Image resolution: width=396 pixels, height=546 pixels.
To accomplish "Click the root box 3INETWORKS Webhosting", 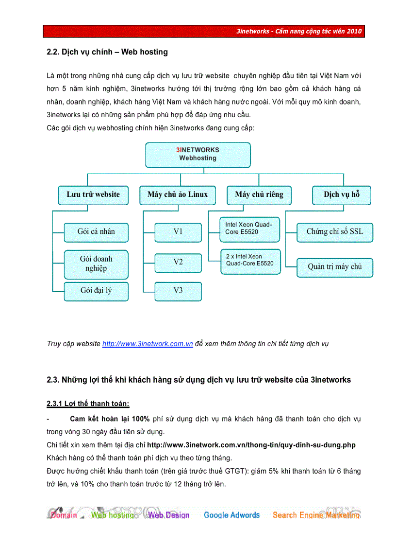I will (x=198, y=155).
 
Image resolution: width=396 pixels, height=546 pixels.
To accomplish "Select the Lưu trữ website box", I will (x=93, y=194).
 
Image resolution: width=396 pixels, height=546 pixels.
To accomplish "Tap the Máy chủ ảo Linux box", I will (x=177, y=194).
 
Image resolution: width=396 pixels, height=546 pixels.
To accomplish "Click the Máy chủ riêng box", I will (x=259, y=194).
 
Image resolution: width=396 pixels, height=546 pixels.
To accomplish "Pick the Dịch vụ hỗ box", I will (x=342, y=194).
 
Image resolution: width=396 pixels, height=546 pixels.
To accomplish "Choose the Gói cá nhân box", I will (x=96, y=232).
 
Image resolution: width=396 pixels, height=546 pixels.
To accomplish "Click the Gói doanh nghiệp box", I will (x=96, y=264).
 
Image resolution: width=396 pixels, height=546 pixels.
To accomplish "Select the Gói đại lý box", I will (x=96, y=291).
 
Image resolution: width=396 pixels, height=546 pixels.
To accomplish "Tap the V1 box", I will (x=178, y=232).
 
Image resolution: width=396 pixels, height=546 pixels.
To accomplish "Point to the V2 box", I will (x=178, y=262).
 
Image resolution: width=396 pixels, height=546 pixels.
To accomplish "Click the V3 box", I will (x=178, y=291).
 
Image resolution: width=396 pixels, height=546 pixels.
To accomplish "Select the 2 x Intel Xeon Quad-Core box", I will (x=250, y=261).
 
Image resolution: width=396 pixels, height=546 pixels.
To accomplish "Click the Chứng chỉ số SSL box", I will (x=335, y=232).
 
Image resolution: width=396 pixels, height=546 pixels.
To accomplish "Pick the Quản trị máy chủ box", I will (x=335, y=266).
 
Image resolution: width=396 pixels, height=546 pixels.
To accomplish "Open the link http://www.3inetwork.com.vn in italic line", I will (x=148, y=344).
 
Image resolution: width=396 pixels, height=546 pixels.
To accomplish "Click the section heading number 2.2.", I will (x=53, y=52).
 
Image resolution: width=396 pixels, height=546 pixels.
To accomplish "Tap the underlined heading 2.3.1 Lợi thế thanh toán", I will (x=88, y=404).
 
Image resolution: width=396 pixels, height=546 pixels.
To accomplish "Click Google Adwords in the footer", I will (x=231, y=515).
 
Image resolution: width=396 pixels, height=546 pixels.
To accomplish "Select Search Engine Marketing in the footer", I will (x=316, y=515).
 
